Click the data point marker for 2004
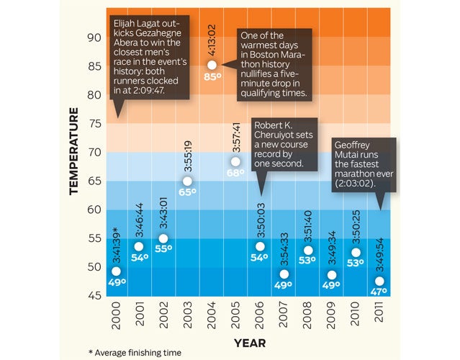[212, 65]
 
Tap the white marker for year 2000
[116, 271]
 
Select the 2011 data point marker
[379, 282]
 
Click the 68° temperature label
[235, 174]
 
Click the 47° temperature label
[379, 292]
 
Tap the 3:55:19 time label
[187, 155]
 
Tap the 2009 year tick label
[331, 317]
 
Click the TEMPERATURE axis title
[74, 151]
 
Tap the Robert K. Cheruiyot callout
[285, 145]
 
